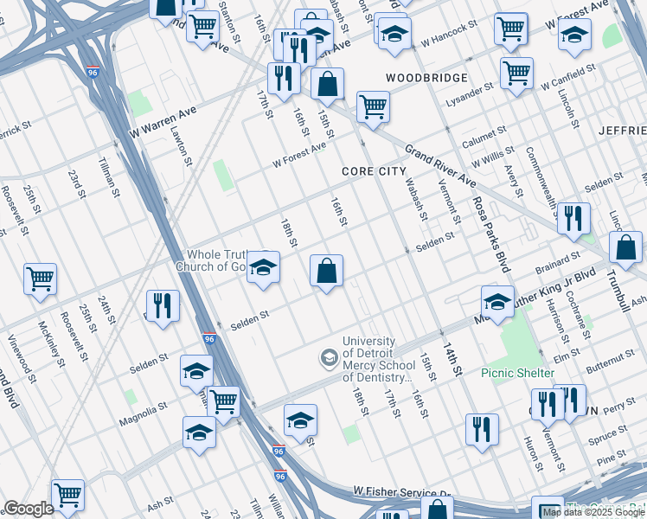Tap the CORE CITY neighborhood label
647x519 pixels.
pos(374,171)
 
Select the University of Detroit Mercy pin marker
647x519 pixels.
pos(329,356)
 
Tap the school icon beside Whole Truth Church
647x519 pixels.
pos(263,267)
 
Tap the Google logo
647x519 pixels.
pos(28,509)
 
